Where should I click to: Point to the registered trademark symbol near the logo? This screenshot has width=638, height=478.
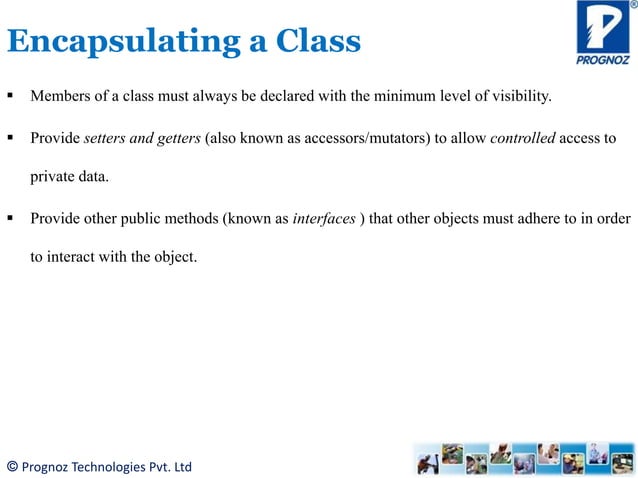632,5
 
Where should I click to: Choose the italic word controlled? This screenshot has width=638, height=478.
523,138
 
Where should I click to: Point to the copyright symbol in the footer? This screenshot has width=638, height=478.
12,466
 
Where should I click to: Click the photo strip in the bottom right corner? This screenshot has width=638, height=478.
523,458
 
